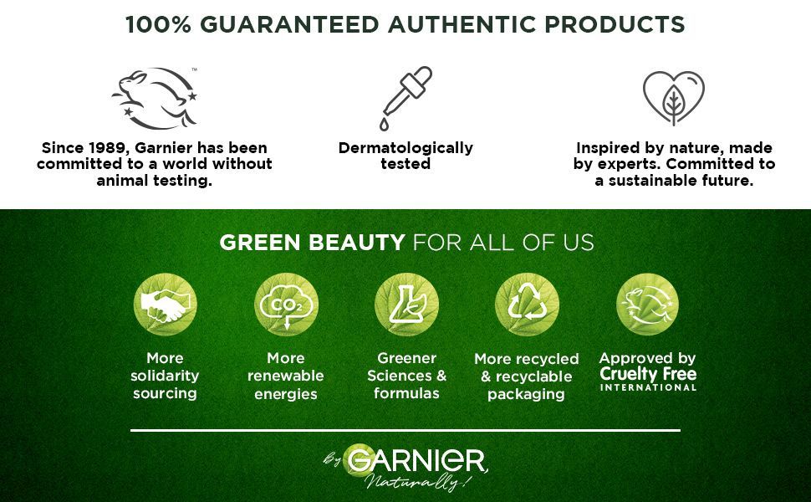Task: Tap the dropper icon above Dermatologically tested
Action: point(405,99)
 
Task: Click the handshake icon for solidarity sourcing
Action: point(165,305)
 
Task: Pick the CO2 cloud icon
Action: point(286,305)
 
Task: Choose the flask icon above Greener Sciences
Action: point(406,305)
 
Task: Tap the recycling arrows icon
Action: point(527,305)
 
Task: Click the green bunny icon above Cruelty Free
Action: point(648,305)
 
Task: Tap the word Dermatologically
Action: point(405,148)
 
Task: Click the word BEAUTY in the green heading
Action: point(356,242)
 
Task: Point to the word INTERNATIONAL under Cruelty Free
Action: point(648,387)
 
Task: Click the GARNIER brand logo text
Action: point(417,460)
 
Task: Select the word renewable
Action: point(285,376)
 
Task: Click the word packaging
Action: point(526,394)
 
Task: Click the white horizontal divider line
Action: point(405,430)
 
